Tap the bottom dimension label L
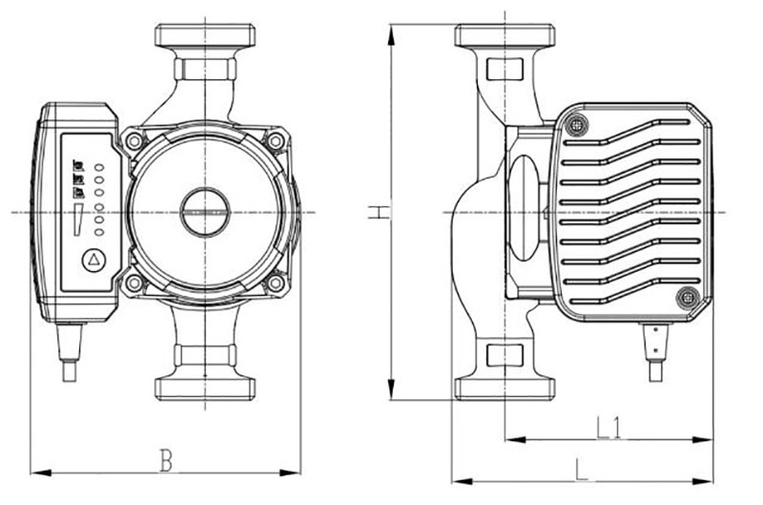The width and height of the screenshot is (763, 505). point(583,468)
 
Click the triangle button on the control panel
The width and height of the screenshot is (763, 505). point(93,260)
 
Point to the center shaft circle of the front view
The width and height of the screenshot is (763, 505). point(204,211)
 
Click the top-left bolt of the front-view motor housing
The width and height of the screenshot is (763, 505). point(134,140)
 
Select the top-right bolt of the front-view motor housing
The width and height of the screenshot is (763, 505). point(275,140)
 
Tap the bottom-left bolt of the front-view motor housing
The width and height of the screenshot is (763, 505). point(134,283)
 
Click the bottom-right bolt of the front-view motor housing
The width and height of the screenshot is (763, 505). point(275,283)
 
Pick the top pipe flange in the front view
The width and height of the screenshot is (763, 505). point(204,36)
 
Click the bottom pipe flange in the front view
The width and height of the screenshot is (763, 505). point(204,388)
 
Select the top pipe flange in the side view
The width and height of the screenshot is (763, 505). point(505,36)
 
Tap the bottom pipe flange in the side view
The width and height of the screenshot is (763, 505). point(505,388)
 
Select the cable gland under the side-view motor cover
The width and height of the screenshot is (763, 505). point(655,349)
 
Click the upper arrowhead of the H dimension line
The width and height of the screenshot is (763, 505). point(391,31)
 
